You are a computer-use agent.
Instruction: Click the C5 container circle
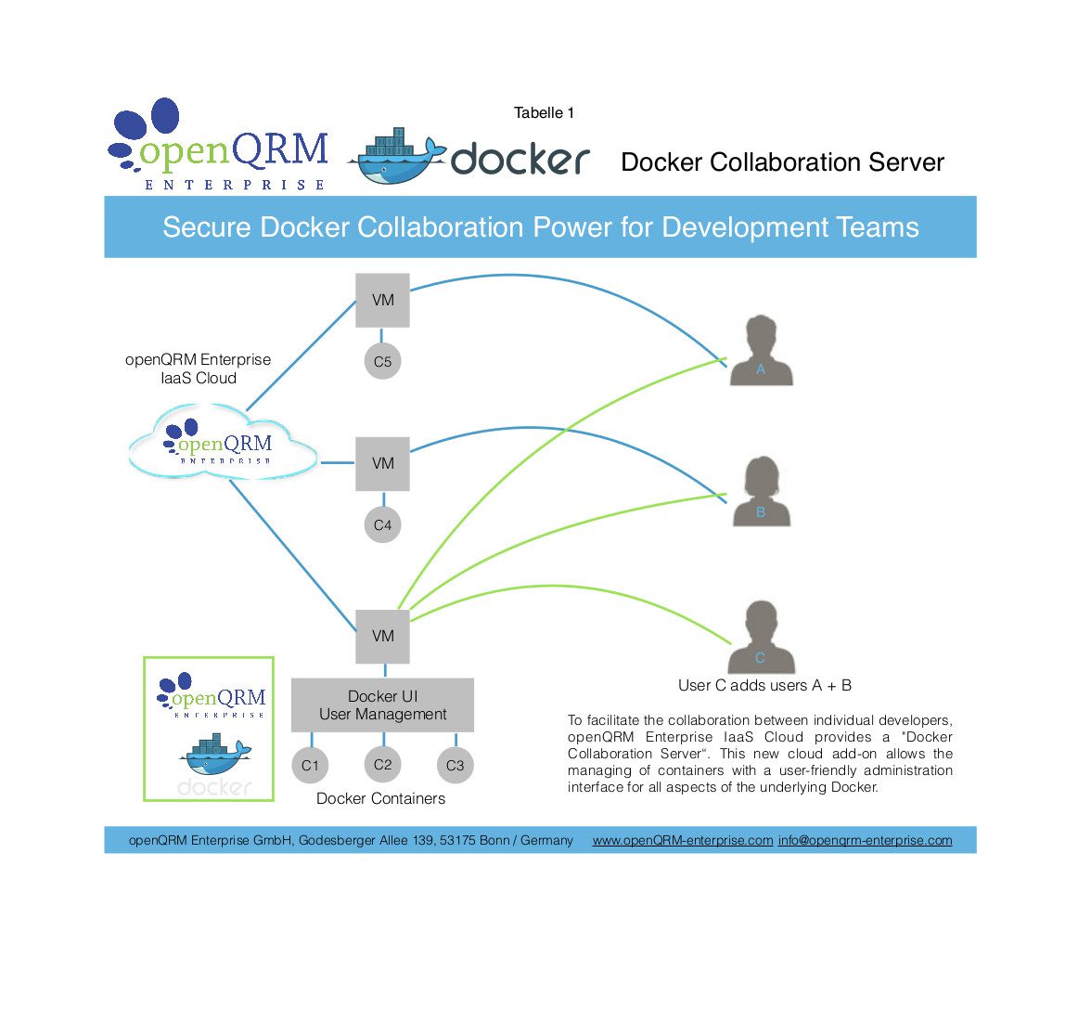[382, 362]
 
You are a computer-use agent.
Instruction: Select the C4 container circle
[382, 524]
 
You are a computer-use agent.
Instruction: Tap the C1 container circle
[310, 766]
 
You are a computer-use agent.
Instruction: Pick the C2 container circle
[382, 765]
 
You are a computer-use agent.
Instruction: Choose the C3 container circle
[455, 766]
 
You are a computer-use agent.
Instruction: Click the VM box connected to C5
[382, 300]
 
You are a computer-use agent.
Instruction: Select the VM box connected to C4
[382, 463]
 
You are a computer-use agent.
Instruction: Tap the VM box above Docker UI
[382, 636]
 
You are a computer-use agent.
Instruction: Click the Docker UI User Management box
[382, 705]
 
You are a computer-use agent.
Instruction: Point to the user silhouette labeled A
[761, 353]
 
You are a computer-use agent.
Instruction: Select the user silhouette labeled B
[761, 494]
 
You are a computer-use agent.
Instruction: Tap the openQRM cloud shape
[223, 444]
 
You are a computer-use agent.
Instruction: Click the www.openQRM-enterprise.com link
[683, 840]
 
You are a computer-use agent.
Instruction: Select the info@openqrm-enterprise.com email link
[865, 840]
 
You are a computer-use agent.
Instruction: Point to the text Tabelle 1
[544, 113]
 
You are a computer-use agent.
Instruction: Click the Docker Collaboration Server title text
[782, 162]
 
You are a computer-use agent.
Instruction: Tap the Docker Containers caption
[380, 798]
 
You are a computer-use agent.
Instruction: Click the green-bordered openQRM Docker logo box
[209, 729]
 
